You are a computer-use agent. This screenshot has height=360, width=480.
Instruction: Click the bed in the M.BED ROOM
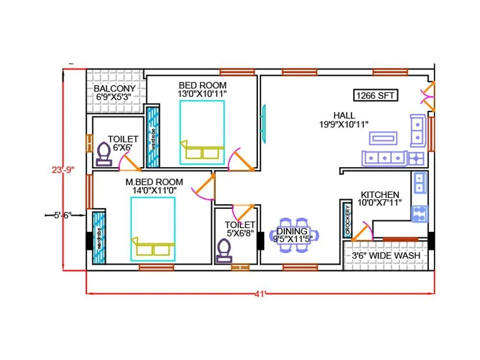(x=153, y=229)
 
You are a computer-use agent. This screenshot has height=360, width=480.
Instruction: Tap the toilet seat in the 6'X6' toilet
(x=104, y=155)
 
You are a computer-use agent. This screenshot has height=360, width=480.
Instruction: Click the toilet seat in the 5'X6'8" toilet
(x=224, y=252)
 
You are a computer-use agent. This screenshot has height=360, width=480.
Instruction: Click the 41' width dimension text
(x=260, y=294)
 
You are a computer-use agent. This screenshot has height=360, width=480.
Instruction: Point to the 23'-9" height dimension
(x=63, y=169)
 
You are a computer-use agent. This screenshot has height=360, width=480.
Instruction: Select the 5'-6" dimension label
(x=63, y=216)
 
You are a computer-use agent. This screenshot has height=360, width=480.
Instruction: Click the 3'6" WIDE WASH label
(x=386, y=256)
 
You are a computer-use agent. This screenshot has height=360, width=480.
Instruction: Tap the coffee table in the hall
(x=383, y=138)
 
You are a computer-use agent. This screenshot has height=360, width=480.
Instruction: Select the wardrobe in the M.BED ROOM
(x=99, y=238)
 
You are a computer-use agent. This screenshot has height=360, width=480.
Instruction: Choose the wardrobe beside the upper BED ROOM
(x=153, y=137)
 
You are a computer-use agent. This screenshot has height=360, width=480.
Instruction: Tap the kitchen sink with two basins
(x=420, y=183)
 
